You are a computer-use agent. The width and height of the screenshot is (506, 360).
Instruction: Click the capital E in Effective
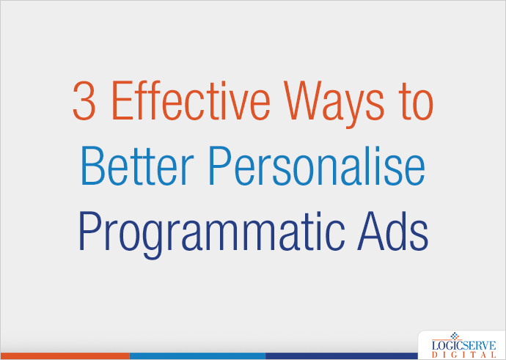(x=120, y=103)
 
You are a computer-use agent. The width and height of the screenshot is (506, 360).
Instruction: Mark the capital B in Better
(x=92, y=167)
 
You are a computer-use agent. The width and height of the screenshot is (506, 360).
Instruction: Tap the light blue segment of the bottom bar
(x=197, y=356)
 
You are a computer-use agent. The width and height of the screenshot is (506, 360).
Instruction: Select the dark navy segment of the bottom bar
(x=337, y=356)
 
